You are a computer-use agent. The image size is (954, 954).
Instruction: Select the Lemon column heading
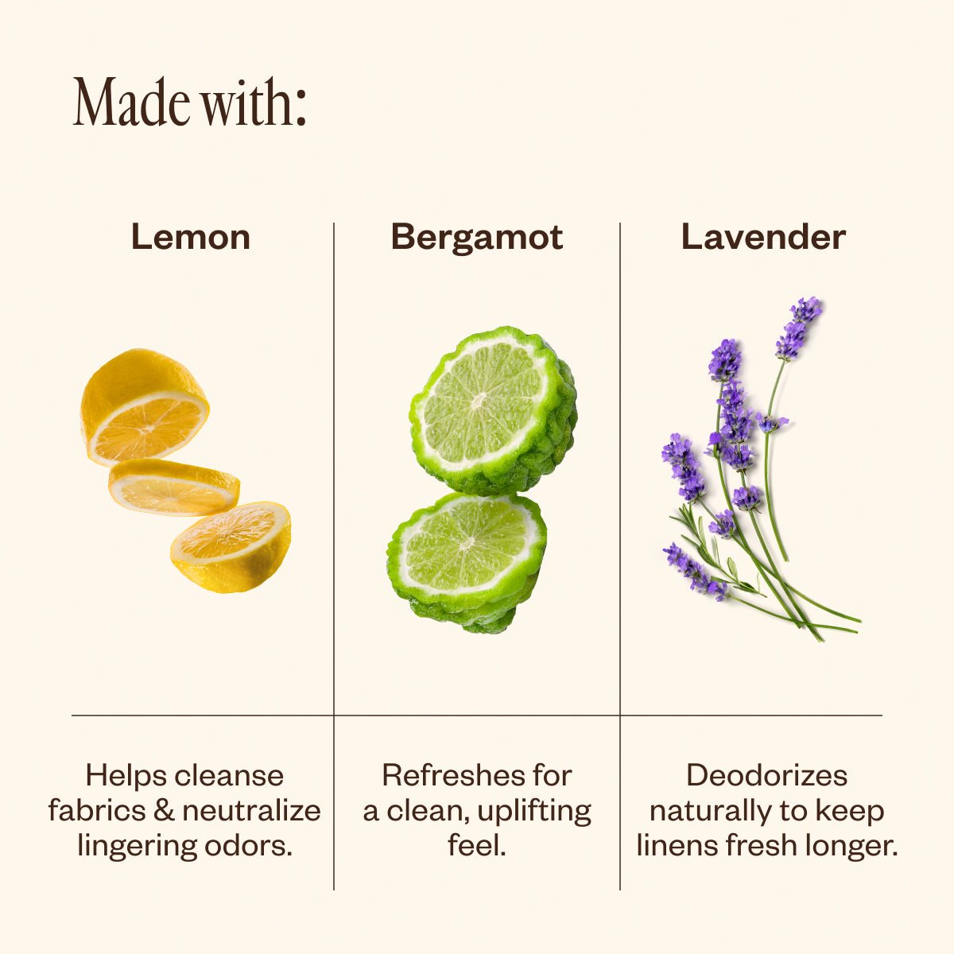click(x=191, y=238)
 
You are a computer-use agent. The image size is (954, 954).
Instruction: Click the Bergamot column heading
click(x=477, y=238)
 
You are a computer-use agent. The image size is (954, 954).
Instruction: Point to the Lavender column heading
click(x=763, y=237)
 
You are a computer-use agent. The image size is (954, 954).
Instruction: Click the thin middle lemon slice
click(x=174, y=487)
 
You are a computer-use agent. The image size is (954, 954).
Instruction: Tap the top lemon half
click(x=144, y=407)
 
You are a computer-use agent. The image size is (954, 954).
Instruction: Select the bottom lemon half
click(x=231, y=547)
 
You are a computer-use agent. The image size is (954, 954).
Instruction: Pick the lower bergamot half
click(x=467, y=562)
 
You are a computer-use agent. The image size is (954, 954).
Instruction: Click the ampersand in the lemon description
click(x=164, y=811)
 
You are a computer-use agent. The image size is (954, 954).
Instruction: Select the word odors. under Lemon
click(x=249, y=846)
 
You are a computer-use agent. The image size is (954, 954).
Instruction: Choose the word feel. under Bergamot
click(x=477, y=845)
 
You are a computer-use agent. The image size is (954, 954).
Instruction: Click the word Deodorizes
click(x=766, y=775)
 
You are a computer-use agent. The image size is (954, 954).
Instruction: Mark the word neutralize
click(x=251, y=811)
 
